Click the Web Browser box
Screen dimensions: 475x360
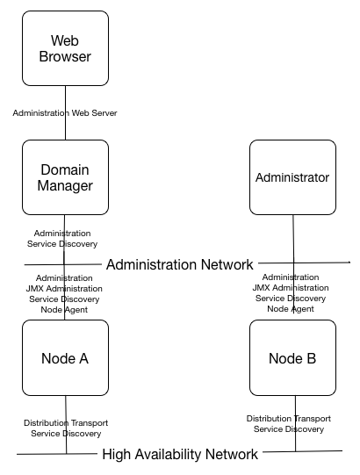pos(66,49)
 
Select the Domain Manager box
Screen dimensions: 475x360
pos(66,177)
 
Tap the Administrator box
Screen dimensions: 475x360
pos(292,177)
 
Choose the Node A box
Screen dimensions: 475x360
pos(66,358)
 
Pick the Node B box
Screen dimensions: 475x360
pos(292,358)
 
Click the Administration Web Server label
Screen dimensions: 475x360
pos(65,113)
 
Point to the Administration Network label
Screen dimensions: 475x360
pos(179,264)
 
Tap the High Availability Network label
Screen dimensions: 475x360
pos(180,454)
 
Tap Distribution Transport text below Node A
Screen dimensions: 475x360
pos(66,423)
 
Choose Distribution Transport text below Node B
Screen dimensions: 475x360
pos(289,419)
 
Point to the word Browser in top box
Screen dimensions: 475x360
pos(66,58)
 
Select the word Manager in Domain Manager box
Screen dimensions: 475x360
pos(66,186)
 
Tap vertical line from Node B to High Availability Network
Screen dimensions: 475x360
pos(295,439)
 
